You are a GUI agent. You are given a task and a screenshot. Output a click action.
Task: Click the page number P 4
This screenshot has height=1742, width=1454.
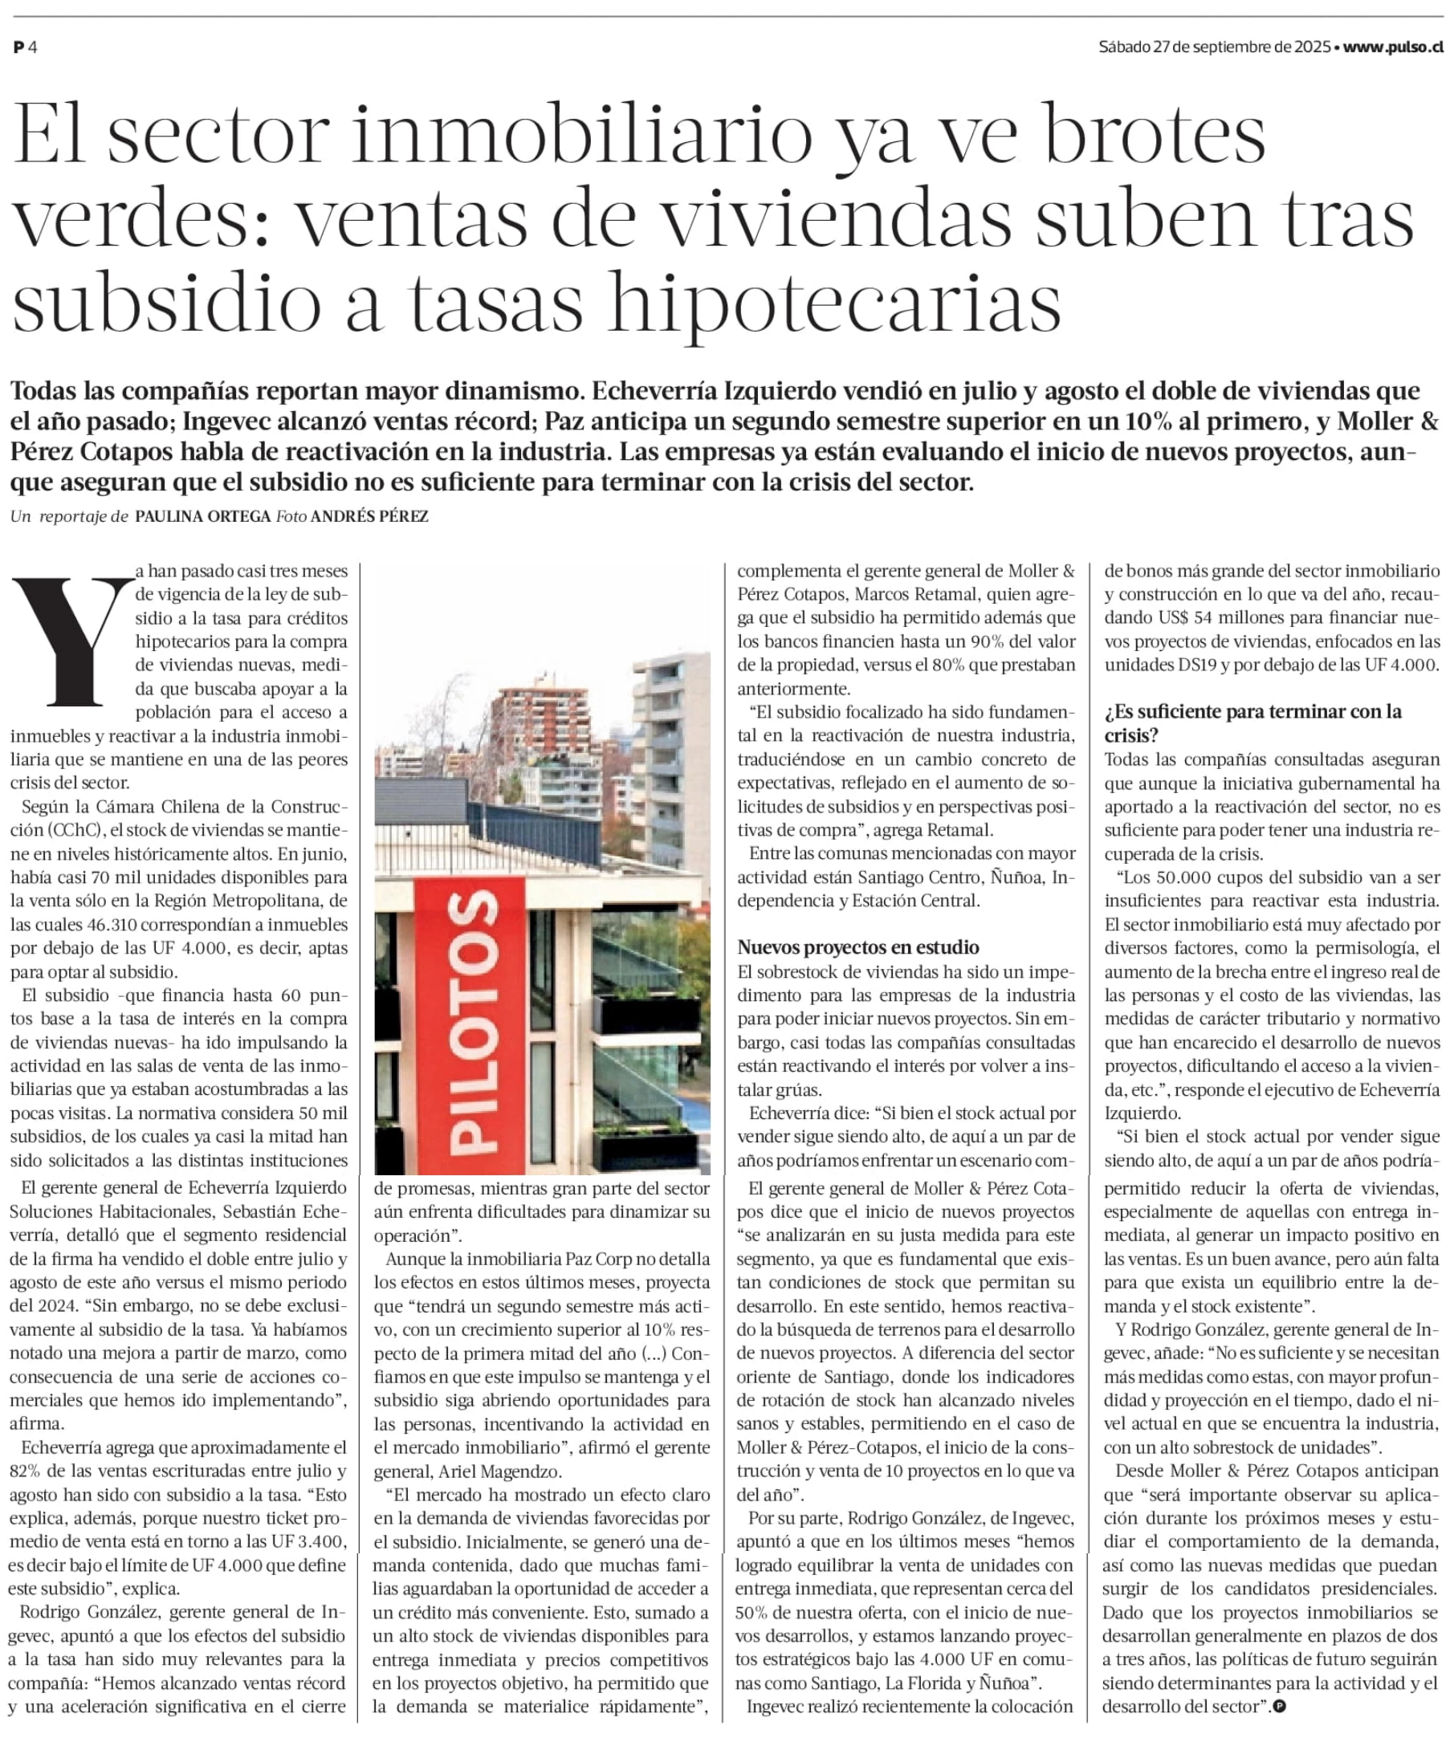[25, 47]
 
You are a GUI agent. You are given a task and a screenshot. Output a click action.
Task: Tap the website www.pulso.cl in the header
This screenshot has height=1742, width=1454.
[1393, 47]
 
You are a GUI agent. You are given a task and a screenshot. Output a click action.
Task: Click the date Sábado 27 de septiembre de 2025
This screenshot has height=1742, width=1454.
[1214, 47]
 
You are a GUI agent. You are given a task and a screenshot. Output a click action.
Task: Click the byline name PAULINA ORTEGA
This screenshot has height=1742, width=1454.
[203, 516]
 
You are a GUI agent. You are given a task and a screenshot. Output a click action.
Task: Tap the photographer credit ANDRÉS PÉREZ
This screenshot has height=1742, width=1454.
[369, 516]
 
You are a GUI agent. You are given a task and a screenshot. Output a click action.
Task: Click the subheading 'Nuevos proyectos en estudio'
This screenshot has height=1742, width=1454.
[857, 947]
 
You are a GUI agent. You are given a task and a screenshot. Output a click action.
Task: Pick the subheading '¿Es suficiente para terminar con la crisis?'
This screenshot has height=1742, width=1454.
[1252, 722]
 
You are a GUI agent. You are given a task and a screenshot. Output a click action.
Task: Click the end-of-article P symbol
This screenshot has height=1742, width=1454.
[1280, 1707]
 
